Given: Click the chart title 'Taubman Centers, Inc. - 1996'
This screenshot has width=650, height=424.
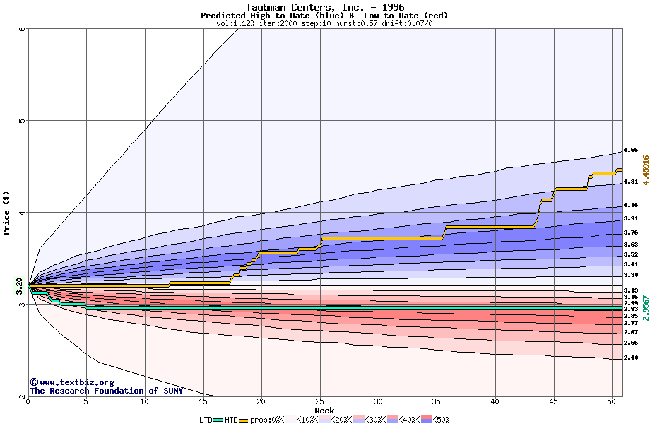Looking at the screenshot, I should pos(324,6).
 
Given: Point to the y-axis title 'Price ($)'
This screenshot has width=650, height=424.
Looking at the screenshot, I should pos(7,212).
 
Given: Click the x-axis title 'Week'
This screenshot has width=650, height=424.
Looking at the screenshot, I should pos(324,410).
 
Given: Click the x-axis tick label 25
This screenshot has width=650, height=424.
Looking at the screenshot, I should pos(320,401).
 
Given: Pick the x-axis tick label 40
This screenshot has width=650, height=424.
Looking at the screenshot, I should pos(495,401).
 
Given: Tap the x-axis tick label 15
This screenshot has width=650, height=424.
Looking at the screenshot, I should pos(203,401).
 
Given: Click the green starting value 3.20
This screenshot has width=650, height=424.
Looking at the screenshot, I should pos(20,287).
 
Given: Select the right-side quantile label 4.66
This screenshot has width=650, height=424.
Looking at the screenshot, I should pos(631,150).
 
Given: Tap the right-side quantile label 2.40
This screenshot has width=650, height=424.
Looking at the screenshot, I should pos(631,358).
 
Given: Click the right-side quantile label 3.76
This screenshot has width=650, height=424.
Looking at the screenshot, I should pos(631,232).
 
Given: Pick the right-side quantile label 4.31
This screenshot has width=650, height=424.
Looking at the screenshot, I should pos(631,182).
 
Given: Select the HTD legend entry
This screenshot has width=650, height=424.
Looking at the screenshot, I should pos(231,420).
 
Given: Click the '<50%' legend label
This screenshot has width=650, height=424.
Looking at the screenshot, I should pos(442,420).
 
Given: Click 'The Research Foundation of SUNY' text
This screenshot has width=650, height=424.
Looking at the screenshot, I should pos(106,391).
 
